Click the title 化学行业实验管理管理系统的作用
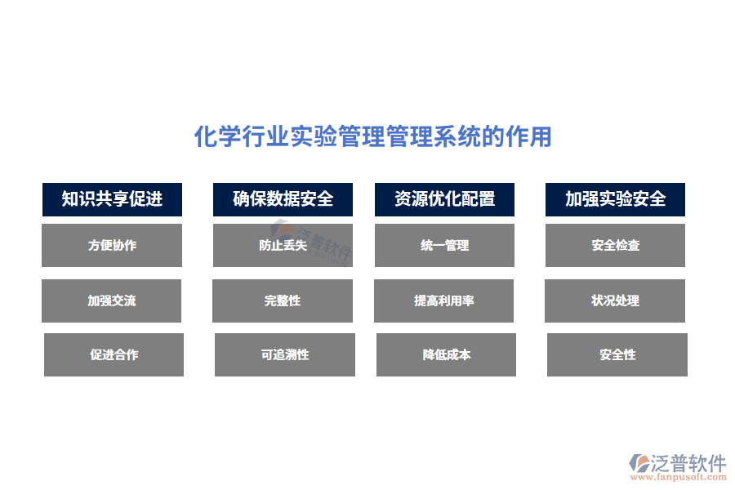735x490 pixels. tap(372, 136)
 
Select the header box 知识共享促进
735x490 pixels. tap(112, 199)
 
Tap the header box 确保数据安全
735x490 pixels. tap(283, 199)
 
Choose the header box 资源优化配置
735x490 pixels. tap(444, 199)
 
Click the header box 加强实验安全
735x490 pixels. tap(615, 199)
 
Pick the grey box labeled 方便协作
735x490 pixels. tap(112, 245)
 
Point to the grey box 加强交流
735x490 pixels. tap(112, 301)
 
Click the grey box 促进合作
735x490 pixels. tap(114, 354)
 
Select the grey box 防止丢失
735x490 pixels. tap(283, 245)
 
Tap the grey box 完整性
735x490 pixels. tap(283, 301)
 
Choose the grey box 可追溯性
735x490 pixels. tap(284, 354)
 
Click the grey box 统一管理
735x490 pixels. tap(444, 245)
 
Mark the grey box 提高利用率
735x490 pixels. tap(444, 301)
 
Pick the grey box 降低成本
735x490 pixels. tap(446, 354)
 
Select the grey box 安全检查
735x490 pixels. tap(615, 245)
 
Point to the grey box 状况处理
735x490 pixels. tap(615, 301)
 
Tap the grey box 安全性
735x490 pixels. tap(617, 354)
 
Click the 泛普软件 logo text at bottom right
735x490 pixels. tap(688, 463)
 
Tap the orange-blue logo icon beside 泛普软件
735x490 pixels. tap(640, 465)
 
